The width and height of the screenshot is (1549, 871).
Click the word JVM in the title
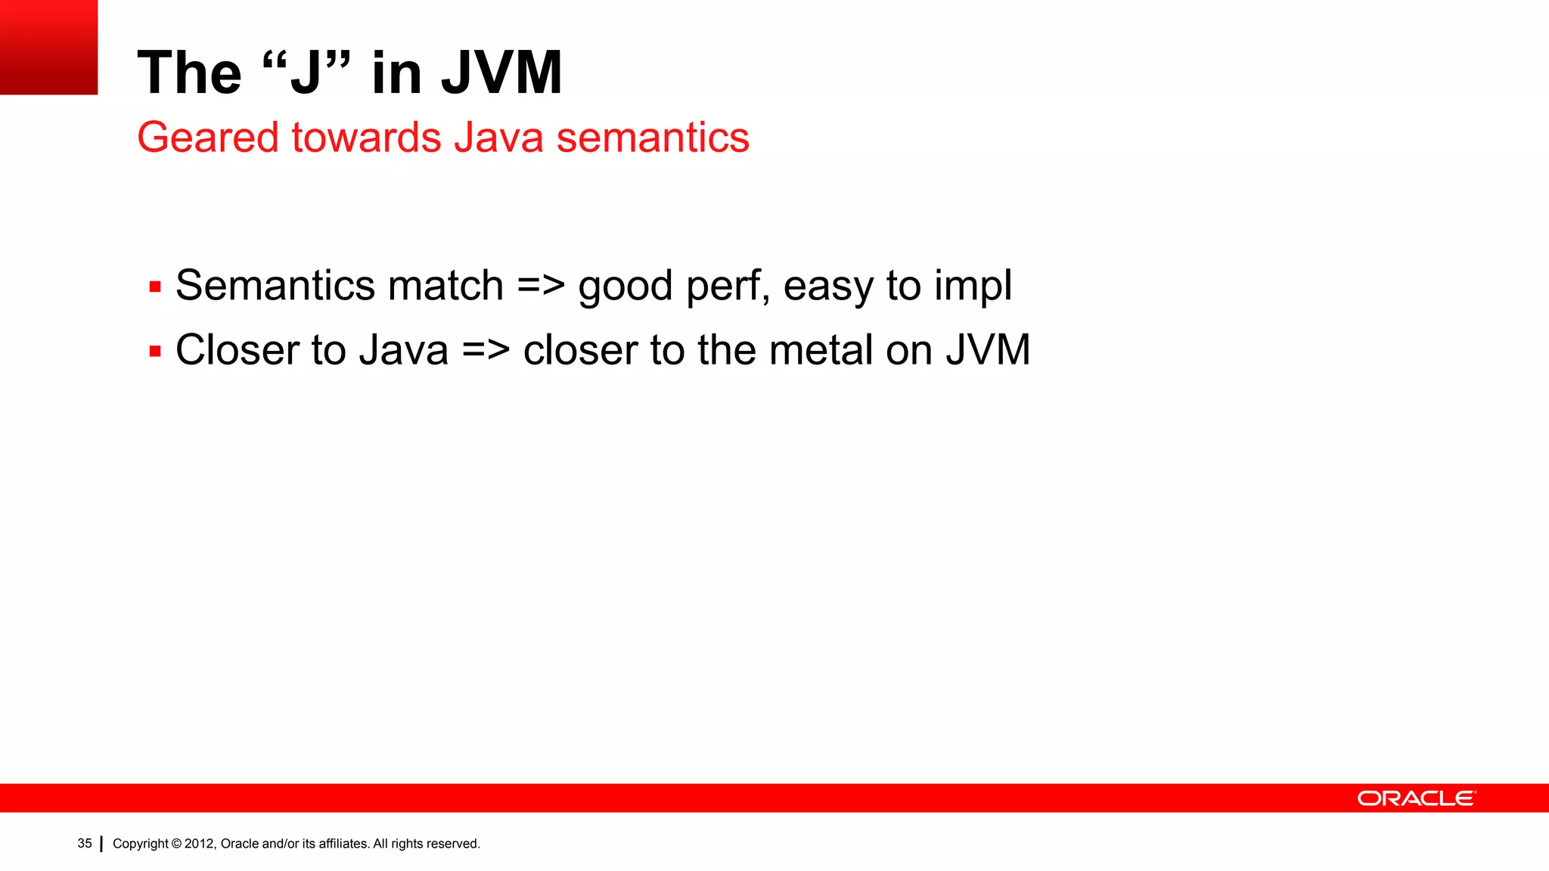point(501,73)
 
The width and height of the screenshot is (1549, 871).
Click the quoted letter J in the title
point(306,73)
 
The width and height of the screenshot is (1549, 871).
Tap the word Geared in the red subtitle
point(208,138)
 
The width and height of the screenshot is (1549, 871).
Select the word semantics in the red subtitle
point(653,138)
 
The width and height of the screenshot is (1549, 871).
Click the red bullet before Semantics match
point(155,287)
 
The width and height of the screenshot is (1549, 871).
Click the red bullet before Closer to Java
point(155,352)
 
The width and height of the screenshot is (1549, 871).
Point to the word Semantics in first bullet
point(275,286)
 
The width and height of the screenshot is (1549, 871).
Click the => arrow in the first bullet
point(541,287)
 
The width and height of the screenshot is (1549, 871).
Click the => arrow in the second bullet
point(486,351)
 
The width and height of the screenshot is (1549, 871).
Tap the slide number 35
point(85,844)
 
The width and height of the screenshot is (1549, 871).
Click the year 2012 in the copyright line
point(200,844)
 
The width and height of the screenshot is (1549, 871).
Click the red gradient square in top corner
point(48,47)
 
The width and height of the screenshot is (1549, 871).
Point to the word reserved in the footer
point(452,844)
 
